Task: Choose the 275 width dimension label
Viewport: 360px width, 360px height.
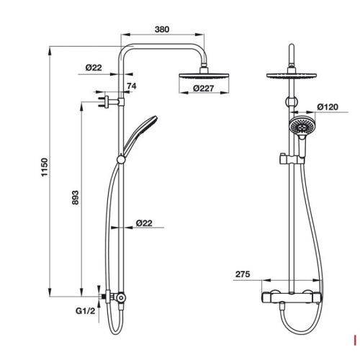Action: click(243, 274)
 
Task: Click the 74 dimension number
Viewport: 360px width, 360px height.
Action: click(131, 86)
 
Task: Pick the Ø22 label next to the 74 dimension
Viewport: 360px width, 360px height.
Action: click(94, 67)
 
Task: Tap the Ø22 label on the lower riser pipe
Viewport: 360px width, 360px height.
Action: click(145, 223)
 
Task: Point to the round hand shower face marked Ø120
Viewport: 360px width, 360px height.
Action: click(297, 127)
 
